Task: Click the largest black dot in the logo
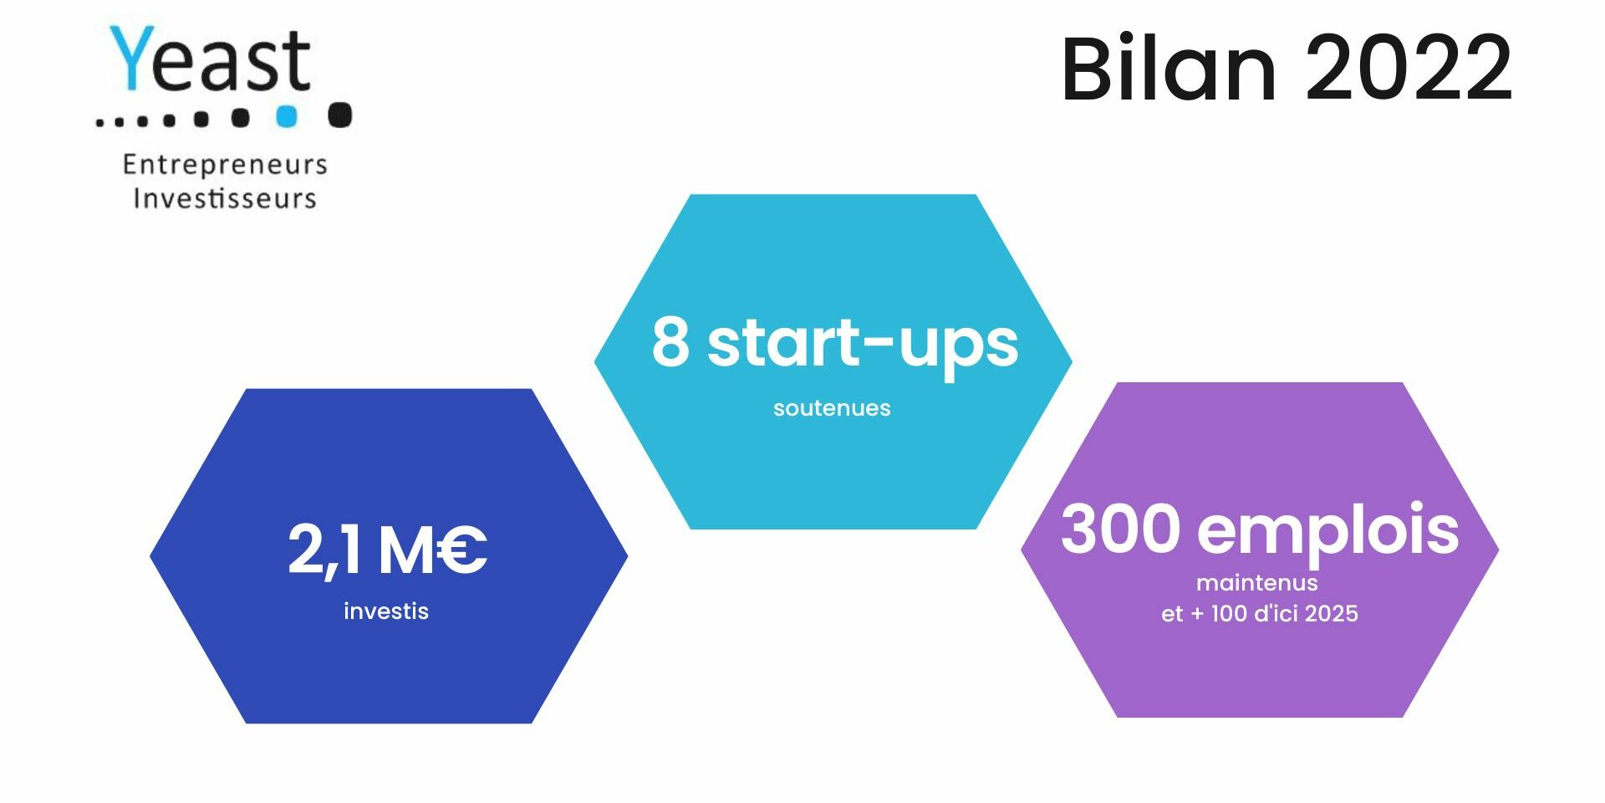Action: tap(339, 115)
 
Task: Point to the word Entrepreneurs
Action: tap(225, 165)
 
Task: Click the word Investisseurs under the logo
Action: tap(225, 198)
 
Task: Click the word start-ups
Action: tap(863, 345)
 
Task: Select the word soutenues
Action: tap(832, 408)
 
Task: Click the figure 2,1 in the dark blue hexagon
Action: tap(324, 550)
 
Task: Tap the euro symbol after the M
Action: tap(461, 550)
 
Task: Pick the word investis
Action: tap(386, 611)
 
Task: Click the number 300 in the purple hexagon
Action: tap(1120, 529)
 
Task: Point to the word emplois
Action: tap(1328, 532)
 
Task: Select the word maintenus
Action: tap(1257, 583)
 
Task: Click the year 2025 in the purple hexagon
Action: tap(1332, 614)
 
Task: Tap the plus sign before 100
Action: tap(1197, 614)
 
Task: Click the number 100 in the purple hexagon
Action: tap(1229, 614)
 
